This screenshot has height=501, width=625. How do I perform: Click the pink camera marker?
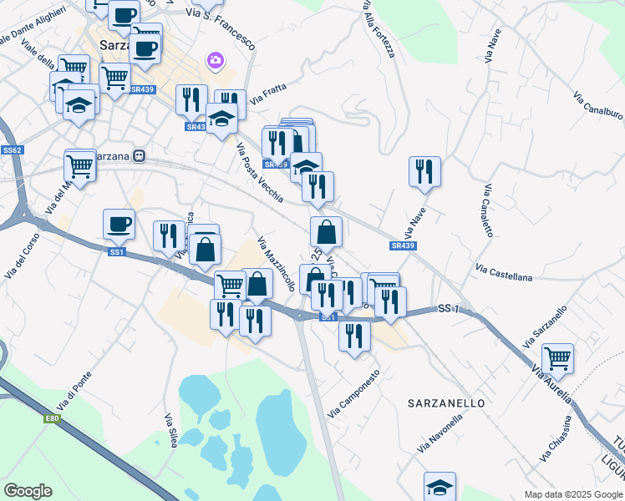[216, 59]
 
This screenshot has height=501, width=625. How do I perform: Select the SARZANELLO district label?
[446, 403]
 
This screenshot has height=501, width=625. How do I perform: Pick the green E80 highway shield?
[53, 419]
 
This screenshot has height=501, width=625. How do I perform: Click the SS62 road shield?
[12, 150]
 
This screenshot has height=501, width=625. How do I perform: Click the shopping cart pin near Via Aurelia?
[557, 359]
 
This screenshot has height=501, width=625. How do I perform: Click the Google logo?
[28, 491]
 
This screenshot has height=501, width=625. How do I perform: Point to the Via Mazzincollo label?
[277, 264]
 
